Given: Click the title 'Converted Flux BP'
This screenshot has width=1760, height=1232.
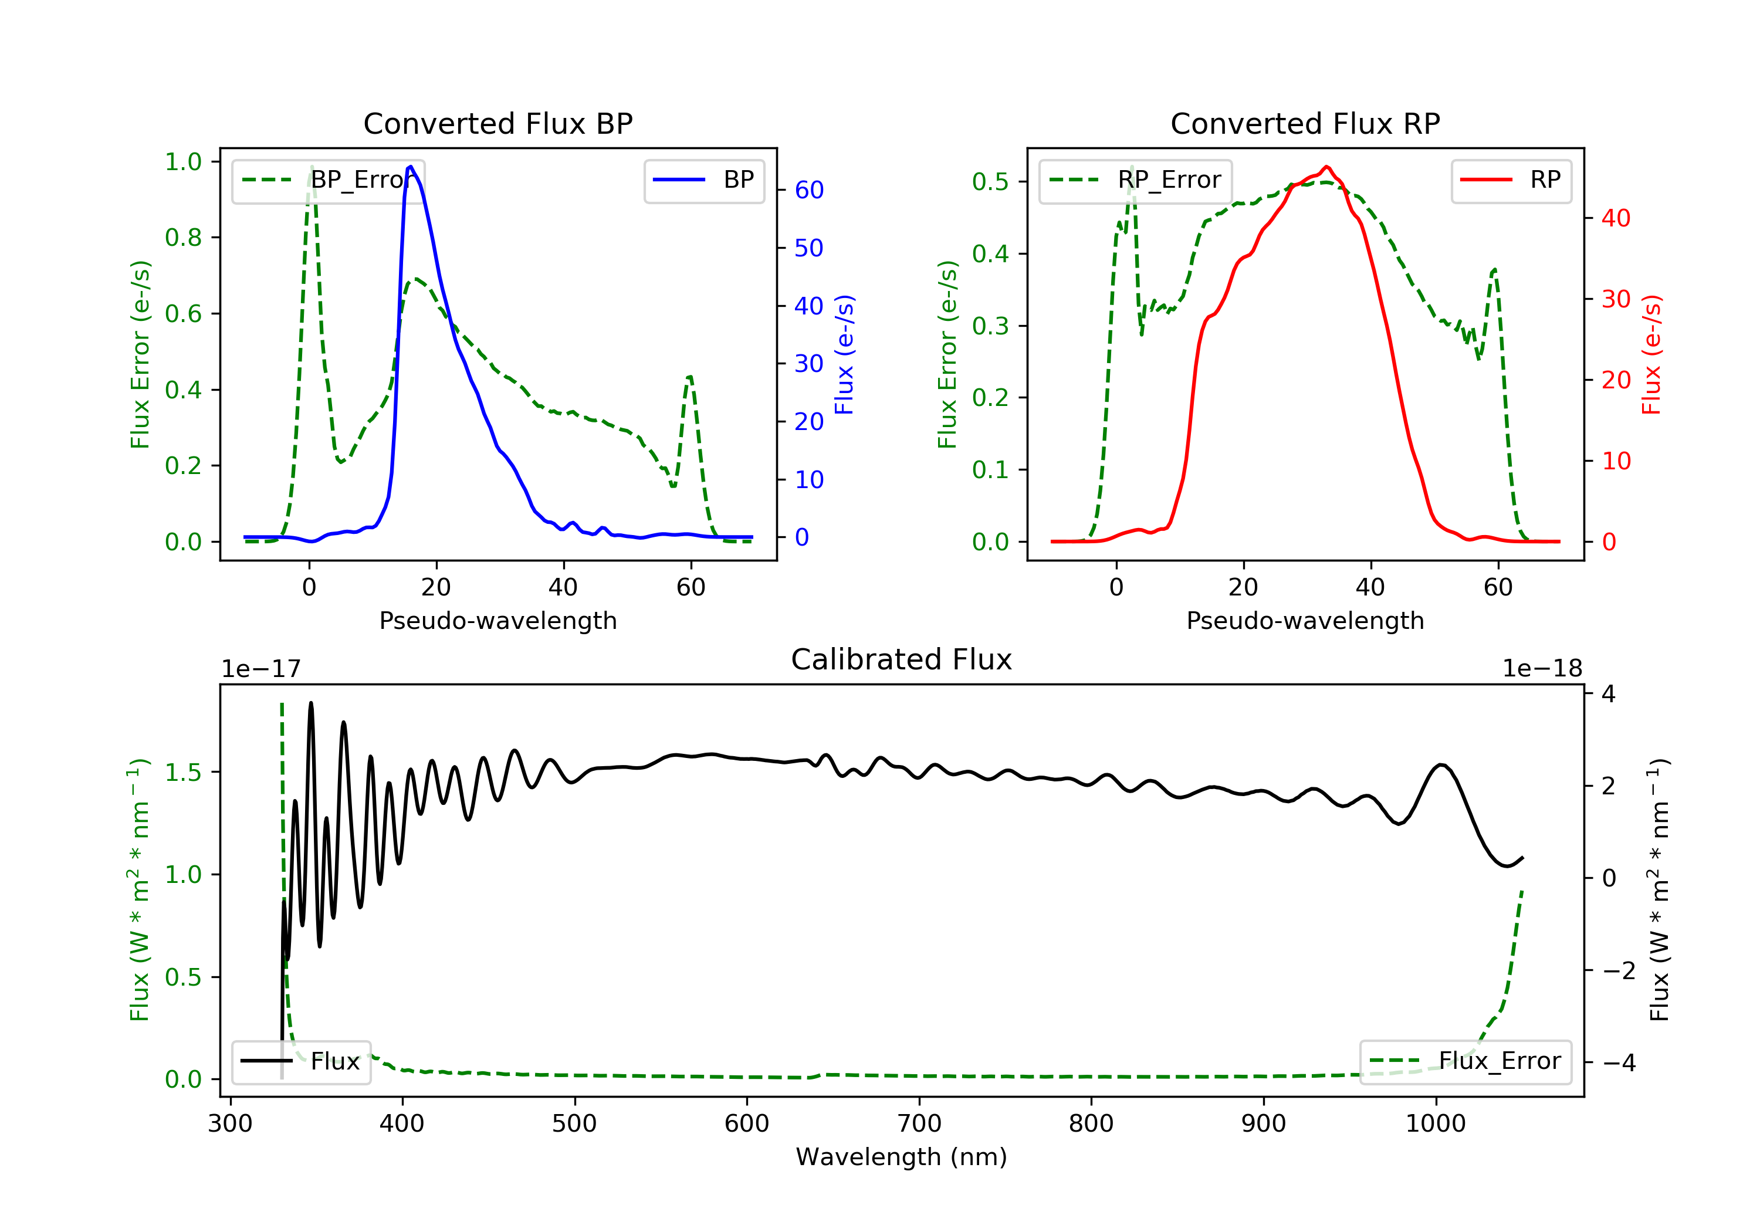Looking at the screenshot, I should [x=497, y=123].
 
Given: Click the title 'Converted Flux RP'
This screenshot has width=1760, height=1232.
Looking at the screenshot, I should [x=1305, y=123].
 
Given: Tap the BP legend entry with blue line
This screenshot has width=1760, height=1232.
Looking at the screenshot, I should [x=703, y=180].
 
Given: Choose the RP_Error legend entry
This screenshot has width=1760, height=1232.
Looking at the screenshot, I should [x=1135, y=180].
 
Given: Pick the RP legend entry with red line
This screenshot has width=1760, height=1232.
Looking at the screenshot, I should [x=1511, y=180].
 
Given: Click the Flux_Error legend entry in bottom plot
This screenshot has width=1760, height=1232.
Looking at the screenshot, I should [x=1465, y=1061].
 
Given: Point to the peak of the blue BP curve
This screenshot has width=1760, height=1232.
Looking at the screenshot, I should [x=411, y=167].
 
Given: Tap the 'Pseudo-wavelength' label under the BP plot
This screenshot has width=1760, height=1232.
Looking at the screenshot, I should [x=497, y=620].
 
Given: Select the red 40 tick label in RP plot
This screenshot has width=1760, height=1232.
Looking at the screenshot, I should [x=1615, y=218].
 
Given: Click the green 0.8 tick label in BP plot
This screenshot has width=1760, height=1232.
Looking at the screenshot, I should [x=183, y=238].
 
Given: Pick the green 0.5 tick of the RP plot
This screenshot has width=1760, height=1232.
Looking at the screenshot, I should [x=990, y=182].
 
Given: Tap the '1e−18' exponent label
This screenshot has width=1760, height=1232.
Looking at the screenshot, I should [x=1542, y=669].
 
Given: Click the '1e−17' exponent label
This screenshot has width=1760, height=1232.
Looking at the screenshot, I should [x=262, y=669].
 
